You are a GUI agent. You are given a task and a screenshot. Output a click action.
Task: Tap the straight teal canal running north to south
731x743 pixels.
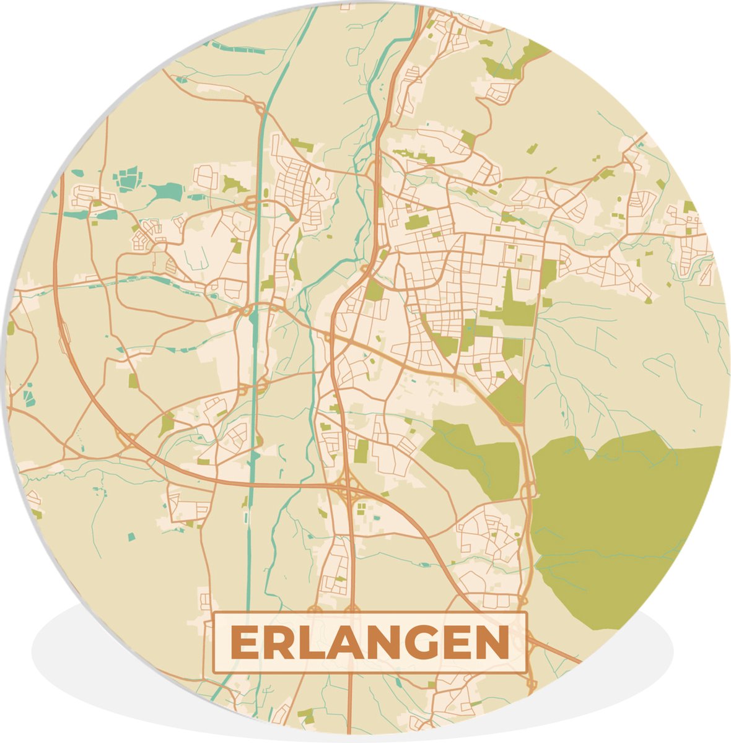coord(252,433)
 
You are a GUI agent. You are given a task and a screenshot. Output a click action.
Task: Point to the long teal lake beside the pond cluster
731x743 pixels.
coord(164,191)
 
